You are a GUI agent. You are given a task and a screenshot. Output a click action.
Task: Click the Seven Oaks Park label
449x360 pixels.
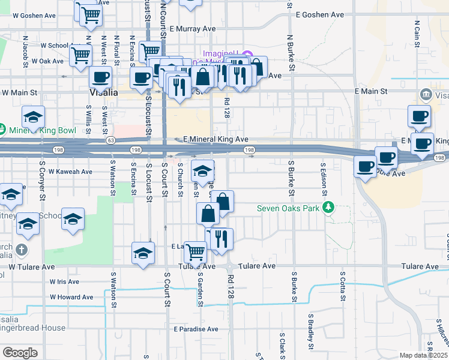pos(288,209)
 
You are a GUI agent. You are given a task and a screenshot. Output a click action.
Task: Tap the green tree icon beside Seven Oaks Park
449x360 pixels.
pos(327,208)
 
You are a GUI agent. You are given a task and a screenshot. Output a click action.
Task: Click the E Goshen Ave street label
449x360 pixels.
pos(320,14)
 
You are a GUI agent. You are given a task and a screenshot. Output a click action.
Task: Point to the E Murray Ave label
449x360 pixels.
pos(192,28)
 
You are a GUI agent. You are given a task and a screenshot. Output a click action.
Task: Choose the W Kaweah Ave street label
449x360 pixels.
pos(70,172)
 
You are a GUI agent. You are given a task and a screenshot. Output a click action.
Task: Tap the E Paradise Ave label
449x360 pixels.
pos(196,329)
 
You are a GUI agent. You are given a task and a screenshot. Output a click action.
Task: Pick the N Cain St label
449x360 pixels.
pos(417,33)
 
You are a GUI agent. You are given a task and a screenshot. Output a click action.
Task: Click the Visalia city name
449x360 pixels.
pos(103,93)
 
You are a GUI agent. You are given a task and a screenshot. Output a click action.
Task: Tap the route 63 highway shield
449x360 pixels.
pos(110,140)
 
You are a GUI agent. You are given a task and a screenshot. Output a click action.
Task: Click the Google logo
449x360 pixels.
pos(19,353)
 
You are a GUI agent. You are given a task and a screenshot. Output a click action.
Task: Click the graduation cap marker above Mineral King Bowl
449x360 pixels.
pos(33,118)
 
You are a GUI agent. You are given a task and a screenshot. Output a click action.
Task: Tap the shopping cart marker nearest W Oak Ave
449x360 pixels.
pos(80,56)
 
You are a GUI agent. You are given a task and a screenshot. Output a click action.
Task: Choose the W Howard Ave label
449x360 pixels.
pos(71,297)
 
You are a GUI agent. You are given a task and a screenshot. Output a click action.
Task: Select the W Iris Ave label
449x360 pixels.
pos(64,281)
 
